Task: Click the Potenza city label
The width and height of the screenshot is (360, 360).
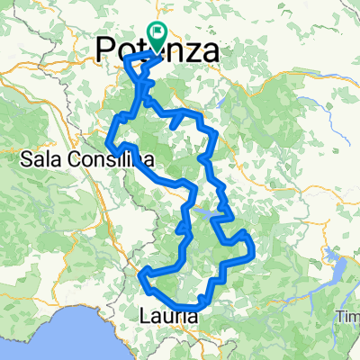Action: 157,52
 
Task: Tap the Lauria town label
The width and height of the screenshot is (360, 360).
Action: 168,316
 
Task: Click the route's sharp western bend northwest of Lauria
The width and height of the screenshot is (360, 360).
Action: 143,274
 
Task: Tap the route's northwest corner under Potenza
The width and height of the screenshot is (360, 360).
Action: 129,58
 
